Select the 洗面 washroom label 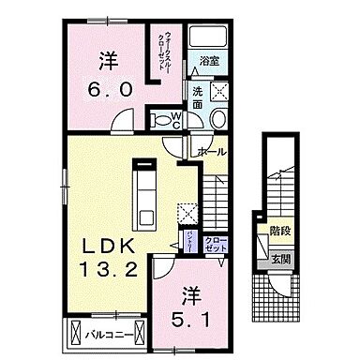click(199, 98)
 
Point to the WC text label click(174, 119)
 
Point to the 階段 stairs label click(278, 228)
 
